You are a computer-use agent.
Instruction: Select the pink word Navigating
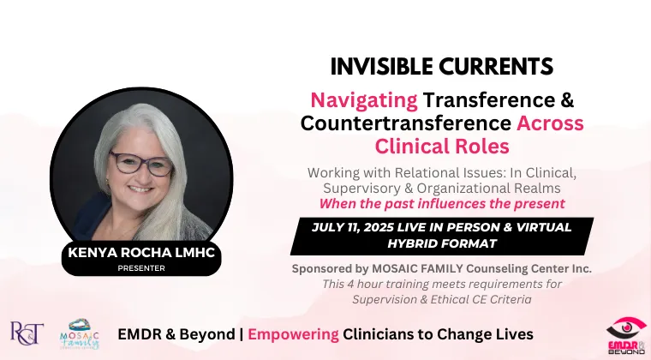pos(364,101)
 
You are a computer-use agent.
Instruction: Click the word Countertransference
pos(406,123)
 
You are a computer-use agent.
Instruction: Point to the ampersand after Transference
pos(568,100)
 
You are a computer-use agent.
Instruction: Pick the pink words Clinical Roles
pos(442,147)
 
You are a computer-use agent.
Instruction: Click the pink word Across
pos(550,123)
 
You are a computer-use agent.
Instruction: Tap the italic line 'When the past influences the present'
pos(442,204)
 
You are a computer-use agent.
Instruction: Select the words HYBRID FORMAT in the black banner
pos(442,243)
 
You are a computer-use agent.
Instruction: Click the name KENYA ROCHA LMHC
pos(141,253)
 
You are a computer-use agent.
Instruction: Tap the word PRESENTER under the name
pos(141,268)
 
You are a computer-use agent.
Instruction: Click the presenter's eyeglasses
pos(141,163)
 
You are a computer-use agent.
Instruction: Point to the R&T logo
pos(27,333)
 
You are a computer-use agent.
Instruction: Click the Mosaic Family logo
pos(80,334)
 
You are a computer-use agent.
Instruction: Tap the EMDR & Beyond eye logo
pos(626,336)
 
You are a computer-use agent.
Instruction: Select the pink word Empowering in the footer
pos(293,334)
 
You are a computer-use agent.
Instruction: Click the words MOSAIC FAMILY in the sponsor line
pos(418,268)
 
